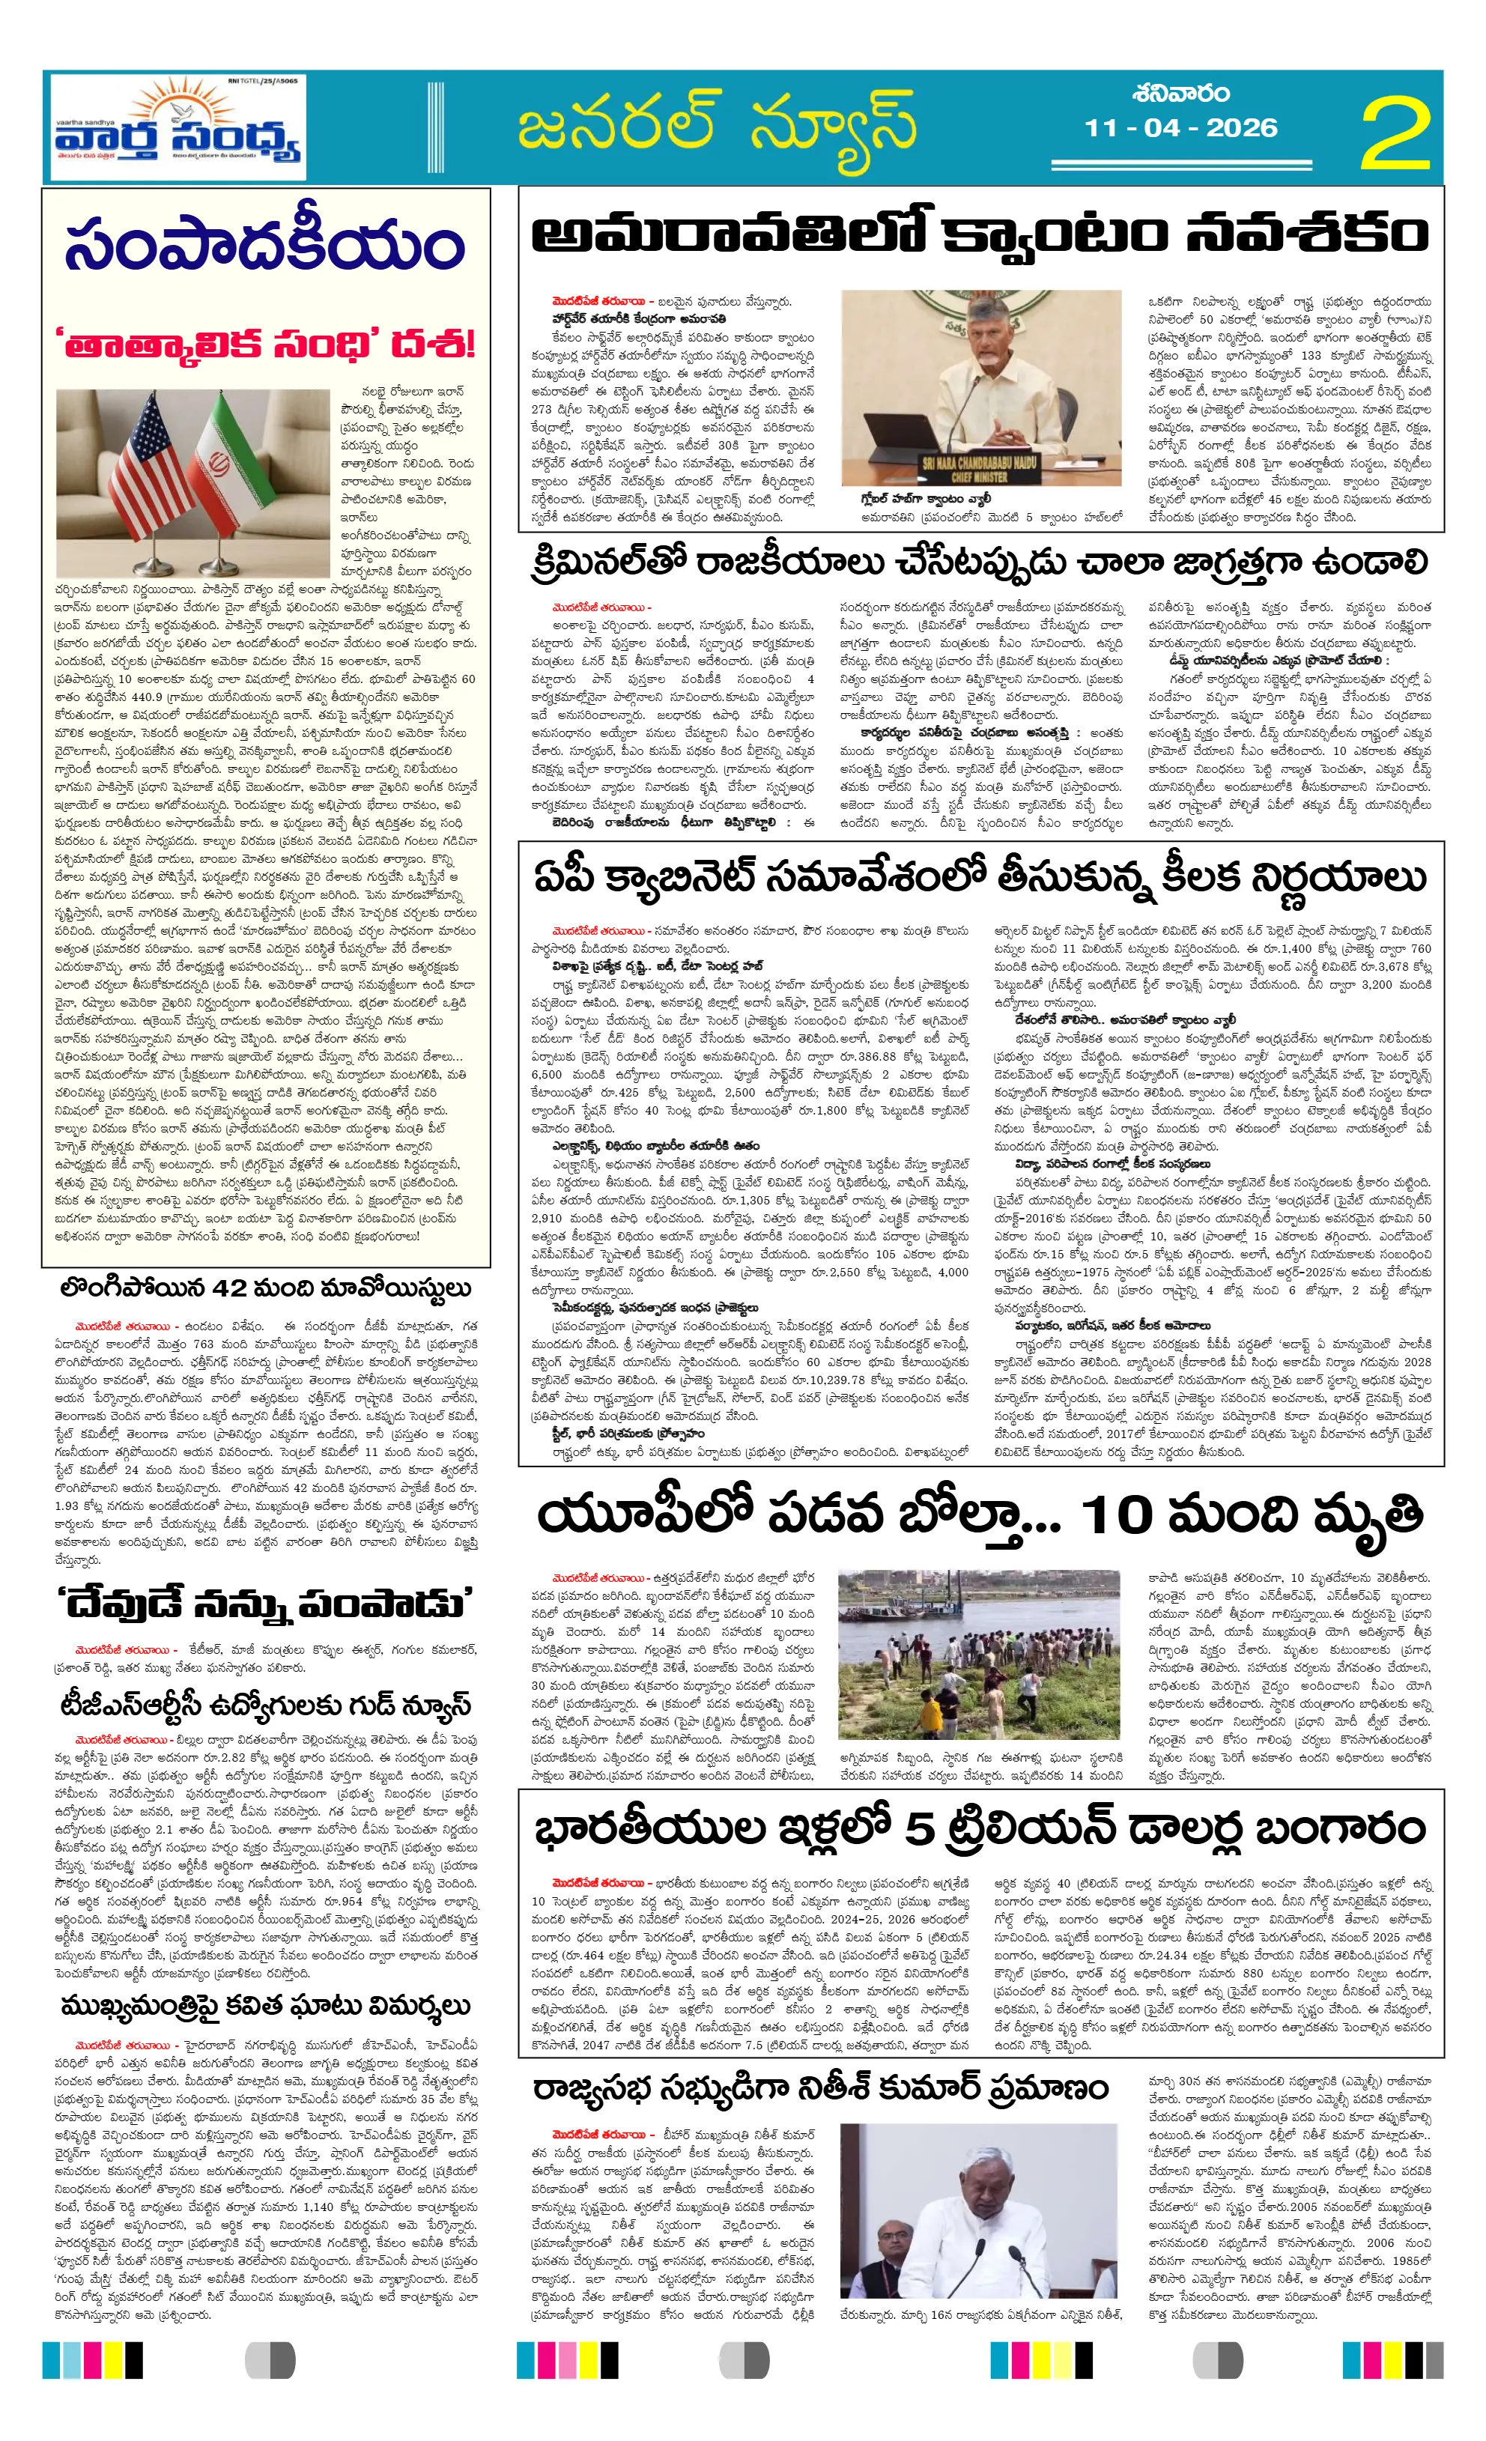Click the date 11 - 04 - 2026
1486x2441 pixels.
point(1181,128)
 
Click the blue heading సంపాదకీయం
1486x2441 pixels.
point(264,243)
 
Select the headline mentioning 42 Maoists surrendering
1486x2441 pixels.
point(264,1288)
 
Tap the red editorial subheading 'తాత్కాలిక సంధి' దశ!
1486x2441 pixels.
point(264,344)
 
